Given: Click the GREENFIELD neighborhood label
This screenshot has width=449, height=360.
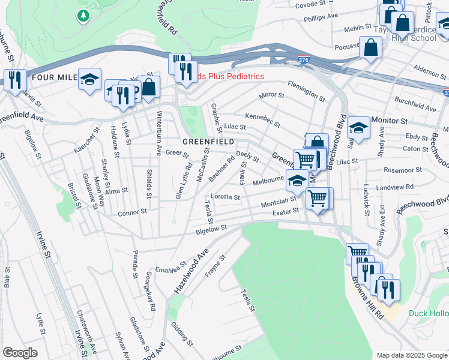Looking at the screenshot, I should click(x=208, y=142).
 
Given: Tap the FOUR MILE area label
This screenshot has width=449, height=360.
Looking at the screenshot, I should click(x=52, y=77).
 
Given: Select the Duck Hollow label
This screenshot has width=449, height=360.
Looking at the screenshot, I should click(x=428, y=313).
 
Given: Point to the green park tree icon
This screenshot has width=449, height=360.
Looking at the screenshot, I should click(x=83, y=16).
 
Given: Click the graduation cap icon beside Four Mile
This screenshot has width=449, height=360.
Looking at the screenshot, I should click(x=89, y=80).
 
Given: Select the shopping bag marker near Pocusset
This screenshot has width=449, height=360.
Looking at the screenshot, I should click(x=371, y=47).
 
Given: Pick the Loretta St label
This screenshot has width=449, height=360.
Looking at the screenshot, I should click(x=225, y=197).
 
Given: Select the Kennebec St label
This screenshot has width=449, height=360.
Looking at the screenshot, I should click(x=262, y=119).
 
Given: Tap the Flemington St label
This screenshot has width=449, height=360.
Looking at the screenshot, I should click(x=306, y=91).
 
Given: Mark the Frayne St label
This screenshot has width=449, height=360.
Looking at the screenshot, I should click(x=215, y=267).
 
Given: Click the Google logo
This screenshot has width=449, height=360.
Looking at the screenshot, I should click(x=20, y=352).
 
